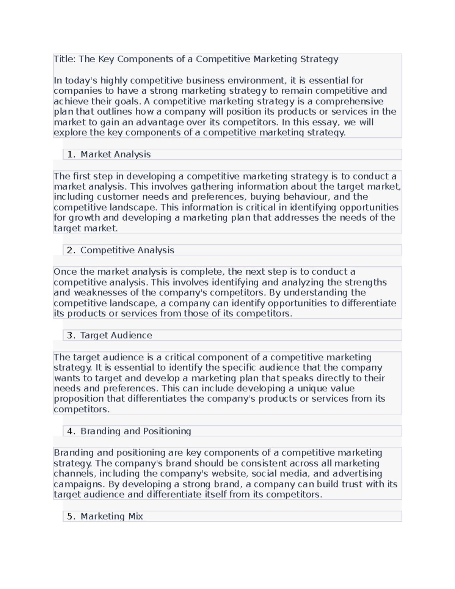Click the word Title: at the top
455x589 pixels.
pyautogui.click(x=65, y=59)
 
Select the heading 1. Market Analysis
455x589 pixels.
pyautogui.click(x=108, y=154)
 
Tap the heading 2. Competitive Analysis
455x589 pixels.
pyautogui.click(x=120, y=250)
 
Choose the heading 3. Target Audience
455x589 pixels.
pyautogui.click(x=109, y=335)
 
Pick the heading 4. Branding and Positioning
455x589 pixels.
pyautogui.click(x=129, y=431)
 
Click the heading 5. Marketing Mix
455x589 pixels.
pyautogui.click(x=105, y=516)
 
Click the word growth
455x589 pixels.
pyautogui.click(x=86, y=218)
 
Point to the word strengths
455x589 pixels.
pyautogui.click(x=366, y=283)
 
